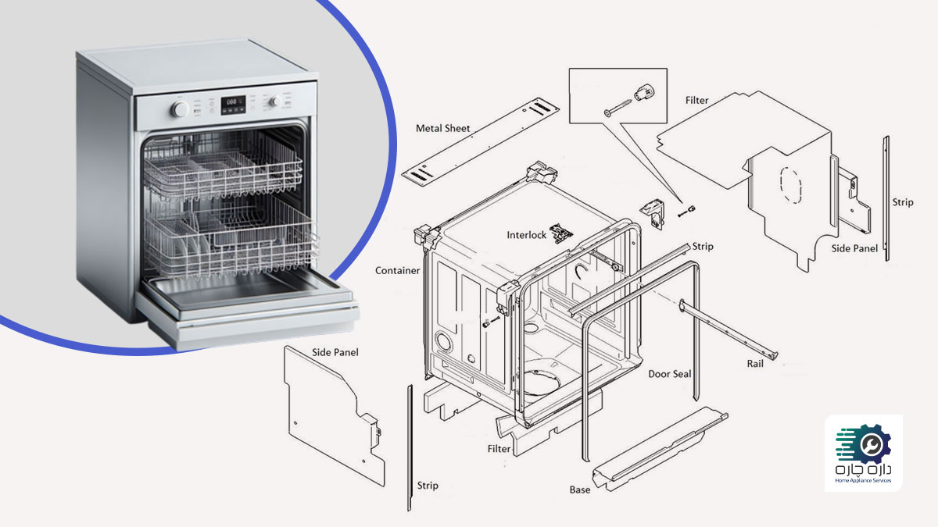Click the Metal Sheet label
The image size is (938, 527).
tap(443, 129)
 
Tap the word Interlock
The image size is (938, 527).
tap(527, 234)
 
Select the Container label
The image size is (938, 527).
tap(397, 271)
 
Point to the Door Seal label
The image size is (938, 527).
tap(670, 374)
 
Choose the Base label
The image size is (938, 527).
tap(580, 490)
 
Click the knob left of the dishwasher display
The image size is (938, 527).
tap(181, 109)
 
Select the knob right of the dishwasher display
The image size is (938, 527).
tap(276, 101)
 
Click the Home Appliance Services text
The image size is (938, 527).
tap(863, 481)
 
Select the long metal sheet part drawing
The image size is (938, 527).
tap(482, 140)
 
